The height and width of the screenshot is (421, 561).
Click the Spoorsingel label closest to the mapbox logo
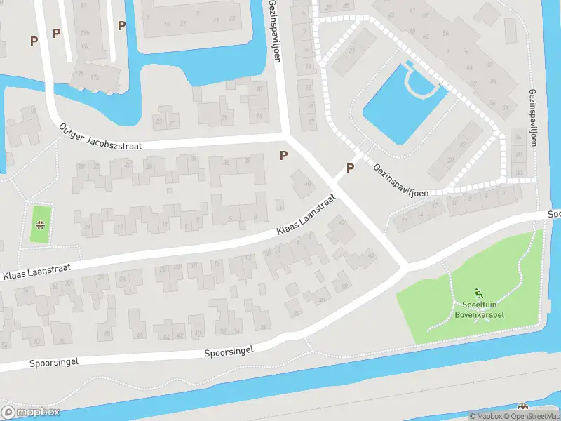click(53, 363)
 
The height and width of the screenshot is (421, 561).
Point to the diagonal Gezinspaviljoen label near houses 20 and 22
click(401, 180)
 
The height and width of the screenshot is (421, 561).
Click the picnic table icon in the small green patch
click(41, 225)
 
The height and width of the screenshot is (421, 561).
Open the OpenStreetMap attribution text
click(533, 416)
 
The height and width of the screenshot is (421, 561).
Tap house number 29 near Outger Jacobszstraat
click(224, 117)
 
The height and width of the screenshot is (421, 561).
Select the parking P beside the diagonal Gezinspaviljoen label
click(349, 168)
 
